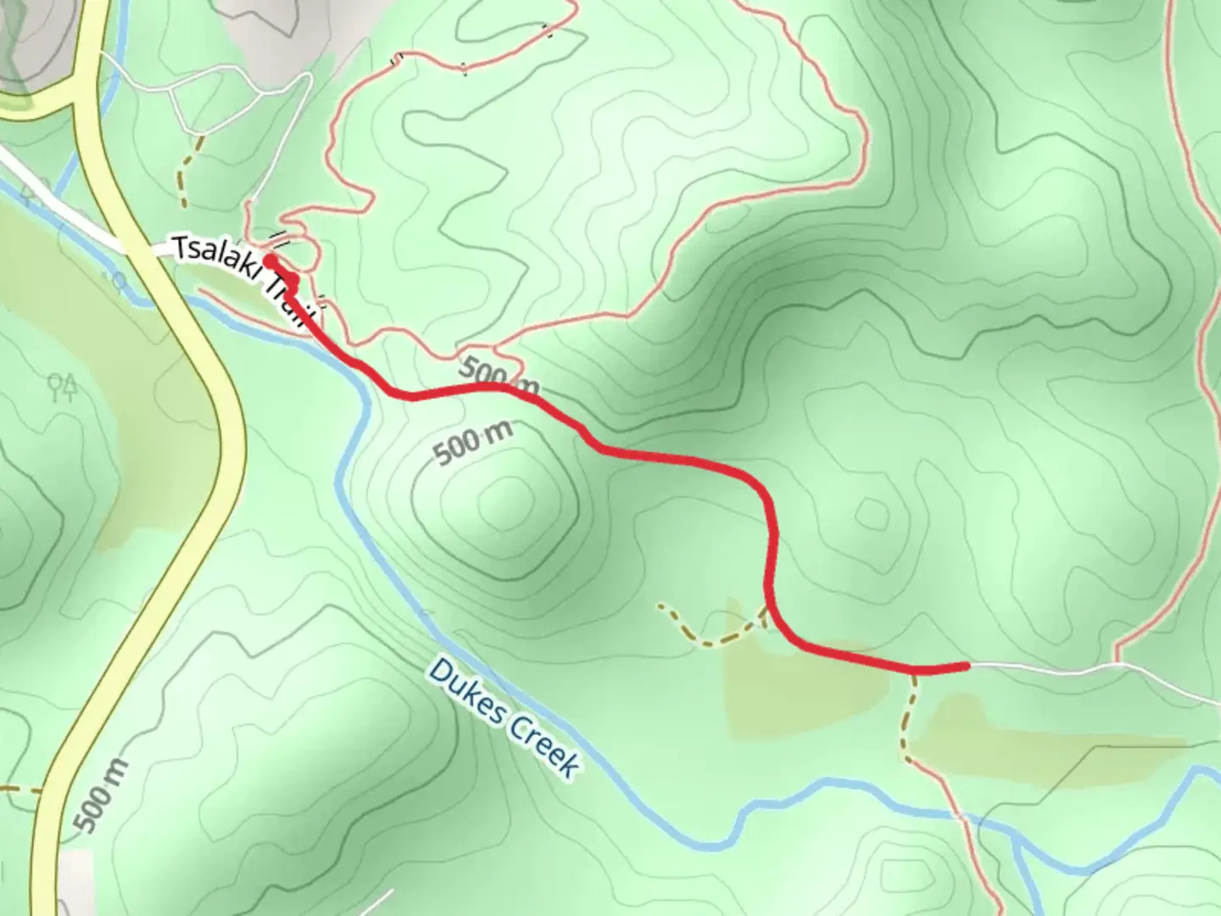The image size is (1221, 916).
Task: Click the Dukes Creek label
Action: click(x=505, y=718)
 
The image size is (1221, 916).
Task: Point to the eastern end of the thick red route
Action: click(x=965, y=666)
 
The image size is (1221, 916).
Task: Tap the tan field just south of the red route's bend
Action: click(x=797, y=687)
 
